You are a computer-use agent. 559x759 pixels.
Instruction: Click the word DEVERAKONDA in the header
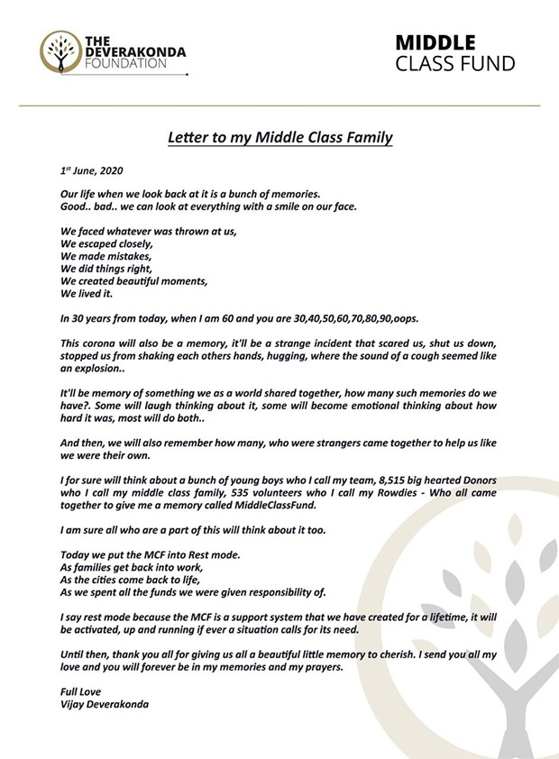134,52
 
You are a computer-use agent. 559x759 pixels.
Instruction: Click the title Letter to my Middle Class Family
280,139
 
